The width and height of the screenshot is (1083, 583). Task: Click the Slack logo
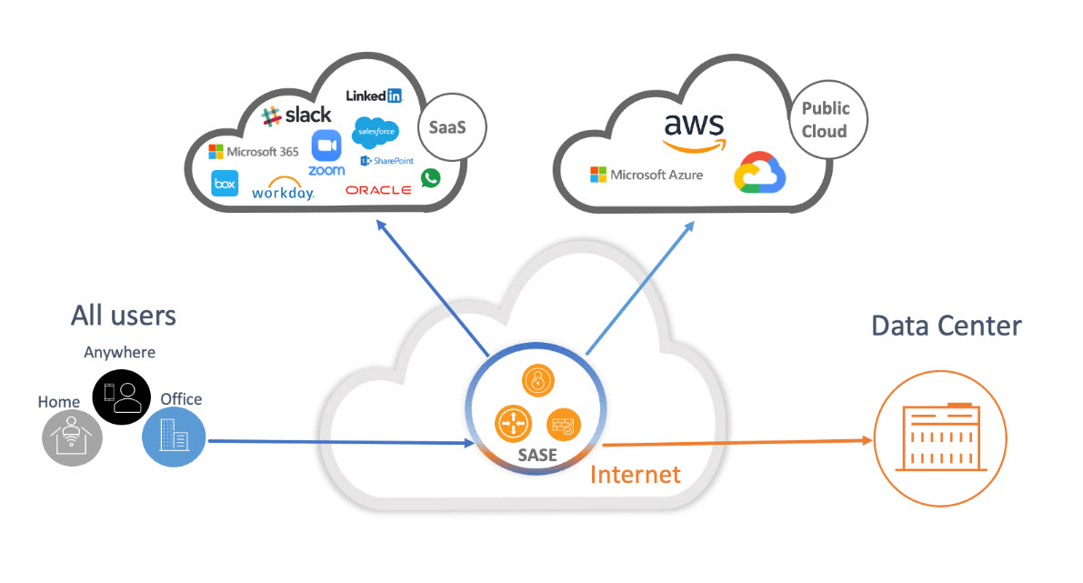[296, 116]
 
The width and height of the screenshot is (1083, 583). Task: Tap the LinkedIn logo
[374, 95]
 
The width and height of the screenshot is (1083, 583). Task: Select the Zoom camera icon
[326, 146]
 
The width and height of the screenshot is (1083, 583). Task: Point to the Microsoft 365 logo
[254, 152]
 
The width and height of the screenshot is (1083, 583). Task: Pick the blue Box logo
[225, 184]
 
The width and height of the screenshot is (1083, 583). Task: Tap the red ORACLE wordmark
[378, 190]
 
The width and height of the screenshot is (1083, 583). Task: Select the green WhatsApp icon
[430, 177]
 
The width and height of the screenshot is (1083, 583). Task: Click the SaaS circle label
[446, 128]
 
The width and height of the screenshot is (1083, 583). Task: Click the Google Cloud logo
[760, 174]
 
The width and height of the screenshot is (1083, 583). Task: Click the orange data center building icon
[940, 438]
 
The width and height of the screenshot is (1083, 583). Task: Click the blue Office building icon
[174, 437]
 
